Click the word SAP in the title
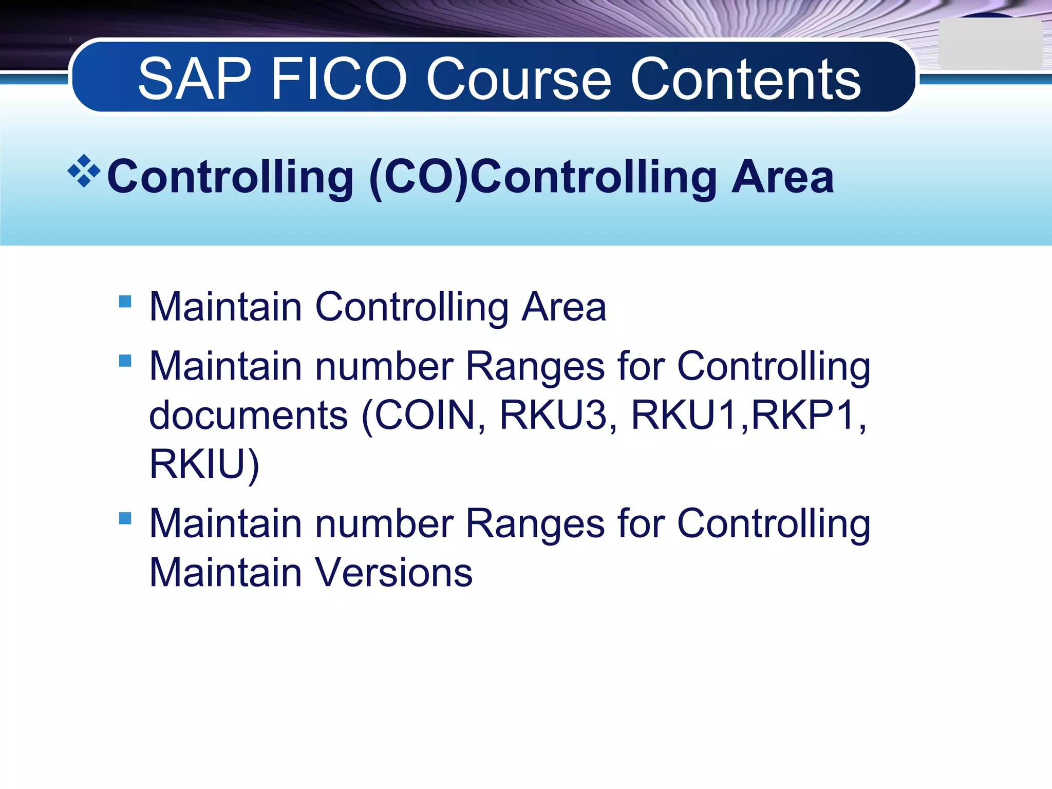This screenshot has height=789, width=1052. click(194, 79)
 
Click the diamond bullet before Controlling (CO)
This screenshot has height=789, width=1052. click(84, 171)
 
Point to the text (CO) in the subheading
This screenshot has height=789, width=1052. click(419, 177)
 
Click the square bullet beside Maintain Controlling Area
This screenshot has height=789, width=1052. click(125, 301)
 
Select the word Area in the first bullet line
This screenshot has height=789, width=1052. click(563, 307)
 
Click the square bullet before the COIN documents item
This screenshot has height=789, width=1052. click(125, 361)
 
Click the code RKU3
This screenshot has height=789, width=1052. click(553, 415)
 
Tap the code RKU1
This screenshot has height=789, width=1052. click(684, 415)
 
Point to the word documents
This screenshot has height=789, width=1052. click(248, 415)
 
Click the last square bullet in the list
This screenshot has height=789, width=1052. click(125, 518)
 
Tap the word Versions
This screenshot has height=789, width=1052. click(393, 573)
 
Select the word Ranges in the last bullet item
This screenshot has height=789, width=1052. click(535, 524)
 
